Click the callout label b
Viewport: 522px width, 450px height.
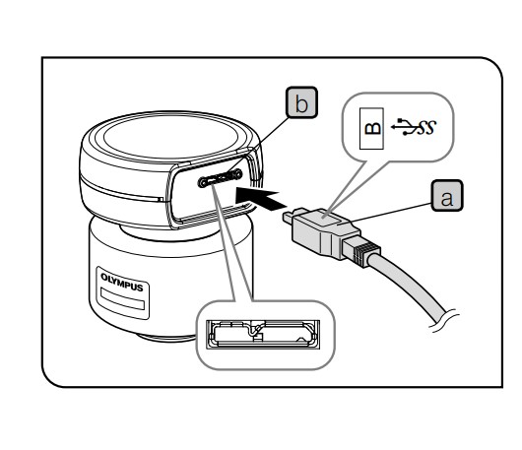point(301,102)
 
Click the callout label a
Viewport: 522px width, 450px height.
point(447,196)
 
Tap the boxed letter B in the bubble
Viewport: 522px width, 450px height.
point(371,128)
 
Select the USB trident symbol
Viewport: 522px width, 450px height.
point(403,127)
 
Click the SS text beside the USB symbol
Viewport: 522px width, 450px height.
point(426,127)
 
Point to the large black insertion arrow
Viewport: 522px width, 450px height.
point(261,198)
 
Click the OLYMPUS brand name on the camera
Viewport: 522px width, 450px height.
point(122,283)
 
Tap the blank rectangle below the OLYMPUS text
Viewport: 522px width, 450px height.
point(122,299)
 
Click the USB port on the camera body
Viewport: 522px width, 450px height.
point(220,178)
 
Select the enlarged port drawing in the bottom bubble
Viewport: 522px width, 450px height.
point(263,335)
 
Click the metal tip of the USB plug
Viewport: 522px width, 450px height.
point(294,216)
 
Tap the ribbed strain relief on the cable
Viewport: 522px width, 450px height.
point(361,250)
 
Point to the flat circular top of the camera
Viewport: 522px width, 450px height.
point(170,137)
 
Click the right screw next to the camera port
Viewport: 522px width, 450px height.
point(237,173)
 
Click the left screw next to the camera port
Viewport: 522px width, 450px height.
point(203,182)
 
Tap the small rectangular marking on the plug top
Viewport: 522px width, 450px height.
point(332,220)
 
